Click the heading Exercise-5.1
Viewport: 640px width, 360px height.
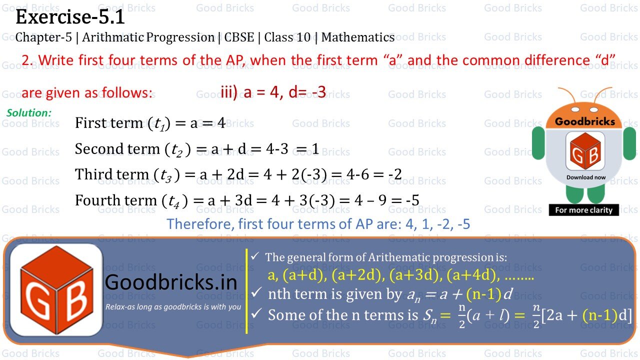(70, 17)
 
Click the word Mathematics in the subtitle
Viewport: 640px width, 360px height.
(358, 37)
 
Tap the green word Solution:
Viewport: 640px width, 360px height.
(29, 113)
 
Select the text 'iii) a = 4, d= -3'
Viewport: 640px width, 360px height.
(273, 92)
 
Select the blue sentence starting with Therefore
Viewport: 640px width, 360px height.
(318, 223)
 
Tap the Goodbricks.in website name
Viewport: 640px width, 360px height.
(171, 283)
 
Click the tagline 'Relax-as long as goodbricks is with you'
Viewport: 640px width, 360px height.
(173, 307)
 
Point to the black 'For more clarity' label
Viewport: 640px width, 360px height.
(583, 210)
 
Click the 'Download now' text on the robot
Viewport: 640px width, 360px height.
(586, 177)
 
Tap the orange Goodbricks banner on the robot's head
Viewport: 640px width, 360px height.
(584, 121)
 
